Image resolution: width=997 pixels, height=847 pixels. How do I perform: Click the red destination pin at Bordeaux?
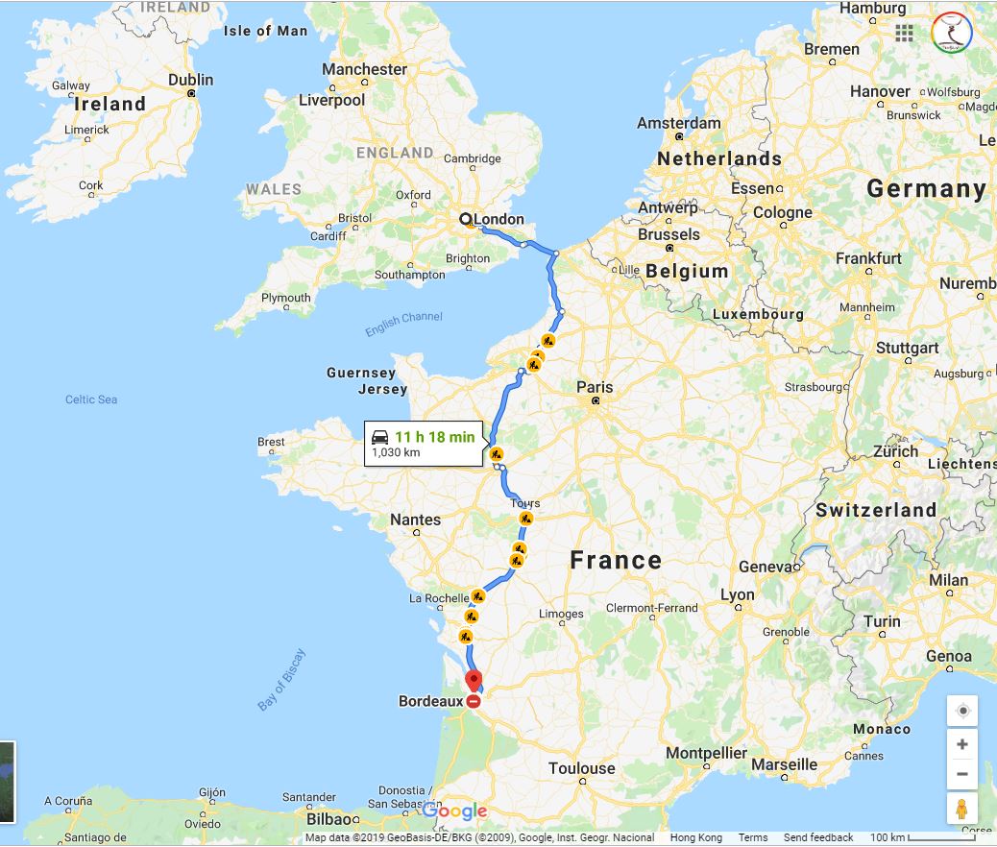click(474, 682)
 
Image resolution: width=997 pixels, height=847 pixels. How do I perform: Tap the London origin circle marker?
click(466, 219)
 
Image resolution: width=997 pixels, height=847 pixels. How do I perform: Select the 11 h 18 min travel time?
click(434, 437)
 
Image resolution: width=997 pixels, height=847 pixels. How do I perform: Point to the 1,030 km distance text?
click(396, 452)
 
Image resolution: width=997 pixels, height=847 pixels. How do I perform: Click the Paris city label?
click(595, 387)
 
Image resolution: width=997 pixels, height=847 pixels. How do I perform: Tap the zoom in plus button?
click(961, 744)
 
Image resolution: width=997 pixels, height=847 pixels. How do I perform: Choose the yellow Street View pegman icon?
click(961, 810)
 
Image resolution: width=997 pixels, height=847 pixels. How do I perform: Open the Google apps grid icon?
click(904, 33)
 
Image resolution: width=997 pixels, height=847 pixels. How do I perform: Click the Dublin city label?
click(191, 80)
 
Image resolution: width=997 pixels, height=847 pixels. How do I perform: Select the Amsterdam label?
click(678, 123)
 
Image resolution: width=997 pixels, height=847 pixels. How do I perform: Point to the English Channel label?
click(403, 325)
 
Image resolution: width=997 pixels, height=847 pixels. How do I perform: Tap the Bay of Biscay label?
click(281, 680)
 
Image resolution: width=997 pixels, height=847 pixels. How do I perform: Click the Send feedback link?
click(818, 838)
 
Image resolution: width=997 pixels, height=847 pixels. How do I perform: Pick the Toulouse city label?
click(581, 768)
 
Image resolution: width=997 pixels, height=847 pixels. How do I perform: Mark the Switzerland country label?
click(875, 510)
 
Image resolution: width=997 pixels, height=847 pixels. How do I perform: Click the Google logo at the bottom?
click(454, 811)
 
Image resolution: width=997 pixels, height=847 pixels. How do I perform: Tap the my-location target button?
click(961, 711)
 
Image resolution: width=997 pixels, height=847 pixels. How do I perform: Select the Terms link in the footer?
click(753, 838)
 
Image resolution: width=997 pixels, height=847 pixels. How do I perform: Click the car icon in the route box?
click(380, 436)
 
